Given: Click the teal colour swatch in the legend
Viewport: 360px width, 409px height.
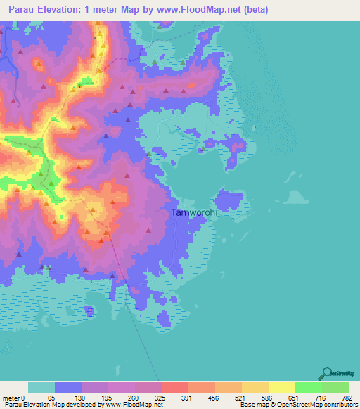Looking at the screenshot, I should point(41,387).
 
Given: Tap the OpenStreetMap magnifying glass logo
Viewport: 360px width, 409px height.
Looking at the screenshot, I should point(326,374).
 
